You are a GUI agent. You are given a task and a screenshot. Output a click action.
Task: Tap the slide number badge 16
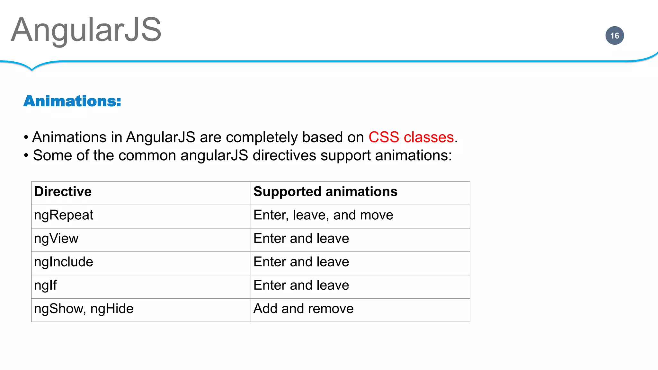[x=614, y=36]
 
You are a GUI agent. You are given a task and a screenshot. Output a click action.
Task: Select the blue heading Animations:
[x=72, y=101]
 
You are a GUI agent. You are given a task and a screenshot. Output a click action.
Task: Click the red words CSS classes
[x=411, y=137]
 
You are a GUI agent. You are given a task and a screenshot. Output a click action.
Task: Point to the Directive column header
[x=63, y=192]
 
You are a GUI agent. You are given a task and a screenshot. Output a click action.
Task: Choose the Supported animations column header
[x=325, y=192]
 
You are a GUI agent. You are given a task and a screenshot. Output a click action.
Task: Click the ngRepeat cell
[x=64, y=215]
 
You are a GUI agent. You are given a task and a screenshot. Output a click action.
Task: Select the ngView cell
[x=56, y=239]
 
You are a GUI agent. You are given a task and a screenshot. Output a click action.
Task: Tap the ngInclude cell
[x=64, y=262]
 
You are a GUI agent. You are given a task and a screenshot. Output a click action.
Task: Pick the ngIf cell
[x=45, y=286]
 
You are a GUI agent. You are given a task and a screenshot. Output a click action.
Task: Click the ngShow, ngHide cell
[x=84, y=309]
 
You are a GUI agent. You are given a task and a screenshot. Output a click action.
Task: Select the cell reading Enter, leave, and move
[x=323, y=215]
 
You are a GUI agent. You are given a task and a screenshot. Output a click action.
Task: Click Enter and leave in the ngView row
[x=301, y=239]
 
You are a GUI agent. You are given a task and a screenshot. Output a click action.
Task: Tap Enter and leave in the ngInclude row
[x=301, y=262]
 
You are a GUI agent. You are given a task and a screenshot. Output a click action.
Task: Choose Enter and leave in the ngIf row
[x=301, y=286]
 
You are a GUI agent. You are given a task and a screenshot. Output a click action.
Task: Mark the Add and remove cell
[x=303, y=309]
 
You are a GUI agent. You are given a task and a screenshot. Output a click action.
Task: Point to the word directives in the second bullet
[x=284, y=156]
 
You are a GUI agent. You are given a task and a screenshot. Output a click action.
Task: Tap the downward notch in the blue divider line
[x=31, y=68]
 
